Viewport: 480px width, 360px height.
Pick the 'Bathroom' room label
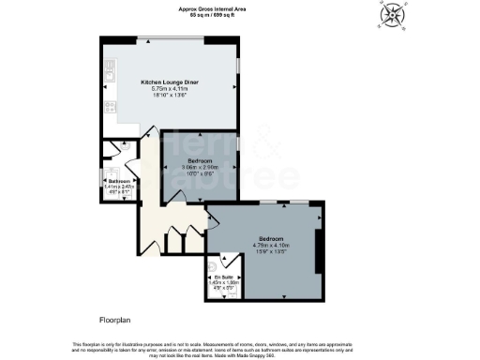click(x=118, y=181)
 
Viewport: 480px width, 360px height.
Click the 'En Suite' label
click(x=221, y=277)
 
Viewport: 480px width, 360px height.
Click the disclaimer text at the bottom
click(x=240, y=348)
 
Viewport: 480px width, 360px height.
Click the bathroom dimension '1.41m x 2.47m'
click(x=119, y=187)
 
